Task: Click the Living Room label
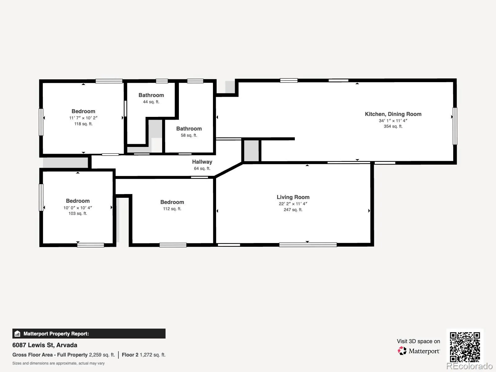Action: [x=293, y=197]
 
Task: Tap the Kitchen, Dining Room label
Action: [x=393, y=114]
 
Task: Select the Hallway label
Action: [x=202, y=162]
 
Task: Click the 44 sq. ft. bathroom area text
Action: [x=151, y=102]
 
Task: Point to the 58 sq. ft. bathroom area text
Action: [x=189, y=135]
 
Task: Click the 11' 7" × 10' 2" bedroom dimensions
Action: [x=83, y=118]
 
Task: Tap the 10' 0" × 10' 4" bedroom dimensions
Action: [x=78, y=208]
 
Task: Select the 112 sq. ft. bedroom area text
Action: [x=172, y=209]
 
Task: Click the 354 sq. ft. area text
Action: [x=393, y=126]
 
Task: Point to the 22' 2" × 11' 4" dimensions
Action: [x=293, y=204]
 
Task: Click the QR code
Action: [x=465, y=347]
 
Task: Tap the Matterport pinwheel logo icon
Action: [x=402, y=351]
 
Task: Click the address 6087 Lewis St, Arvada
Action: [x=45, y=345]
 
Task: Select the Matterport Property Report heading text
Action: [x=56, y=334]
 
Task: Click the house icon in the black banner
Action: [x=17, y=334]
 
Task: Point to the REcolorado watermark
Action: [x=470, y=366]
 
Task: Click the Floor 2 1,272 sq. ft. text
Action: [x=144, y=355]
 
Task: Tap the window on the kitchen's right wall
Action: [x=455, y=126]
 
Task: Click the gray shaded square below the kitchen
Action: [x=251, y=150]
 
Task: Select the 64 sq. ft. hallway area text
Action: [x=202, y=169]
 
